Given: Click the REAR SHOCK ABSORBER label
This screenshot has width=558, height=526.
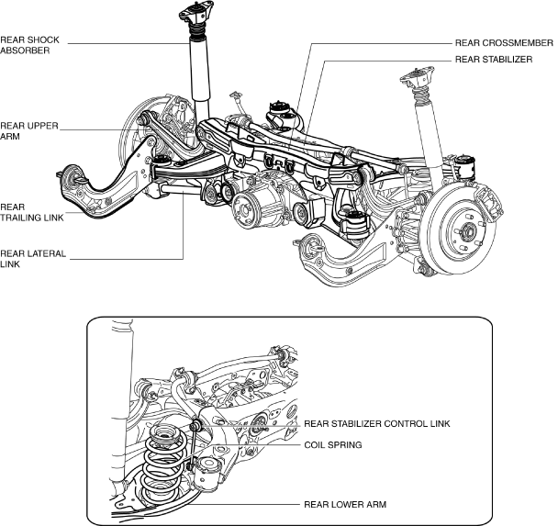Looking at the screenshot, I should (x=29, y=45).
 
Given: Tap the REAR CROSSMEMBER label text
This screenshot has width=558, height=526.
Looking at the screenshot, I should (x=503, y=42).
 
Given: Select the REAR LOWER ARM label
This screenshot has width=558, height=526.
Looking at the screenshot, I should (x=345, y=504).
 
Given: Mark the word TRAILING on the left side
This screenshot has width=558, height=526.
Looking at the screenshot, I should (x=29, y=219).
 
